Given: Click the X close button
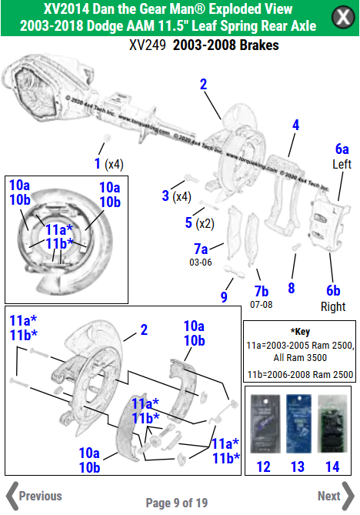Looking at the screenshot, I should tap(341, 17).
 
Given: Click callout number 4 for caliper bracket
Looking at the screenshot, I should tap(295, 125).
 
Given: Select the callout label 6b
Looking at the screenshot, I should tap(332, 290).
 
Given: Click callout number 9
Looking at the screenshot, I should tap(224, 296).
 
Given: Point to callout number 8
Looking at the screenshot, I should tap(291, 288).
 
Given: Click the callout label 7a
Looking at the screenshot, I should tap(200, 249).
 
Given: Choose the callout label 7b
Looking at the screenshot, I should tap(261, 291).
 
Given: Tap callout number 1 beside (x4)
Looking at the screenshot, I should tap(97, 163).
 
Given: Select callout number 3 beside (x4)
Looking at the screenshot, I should tap(165, 196).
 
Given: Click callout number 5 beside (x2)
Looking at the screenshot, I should tap(188, 223).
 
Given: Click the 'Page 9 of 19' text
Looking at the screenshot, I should tap(176, 503).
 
